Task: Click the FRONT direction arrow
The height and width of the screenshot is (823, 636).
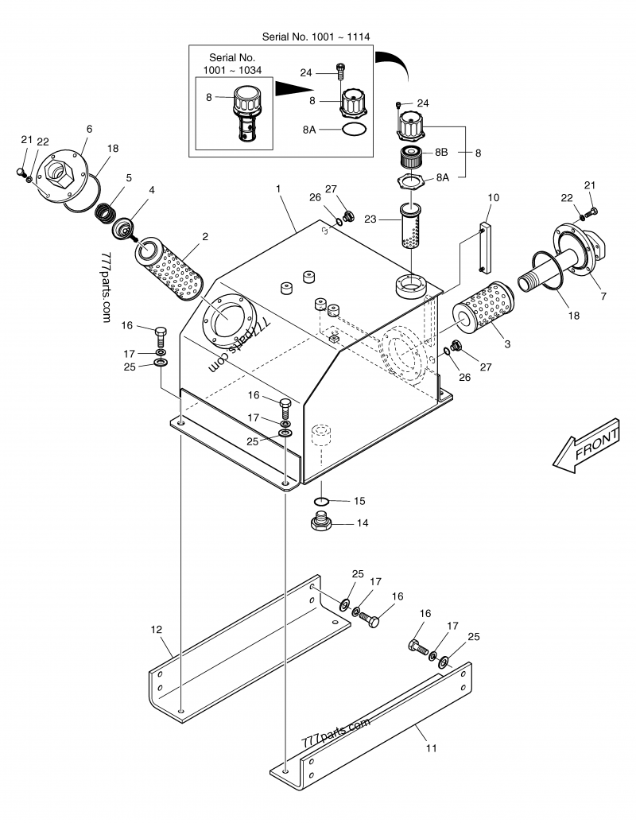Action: (x=586, y=445)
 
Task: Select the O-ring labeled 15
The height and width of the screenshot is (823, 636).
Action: (x=322, y=501)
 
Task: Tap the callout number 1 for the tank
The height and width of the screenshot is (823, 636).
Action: (x=278, y=188)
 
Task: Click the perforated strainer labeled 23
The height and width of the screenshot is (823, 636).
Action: (x=411, y=226)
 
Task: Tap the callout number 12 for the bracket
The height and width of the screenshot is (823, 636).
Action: (x=157, y=629)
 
